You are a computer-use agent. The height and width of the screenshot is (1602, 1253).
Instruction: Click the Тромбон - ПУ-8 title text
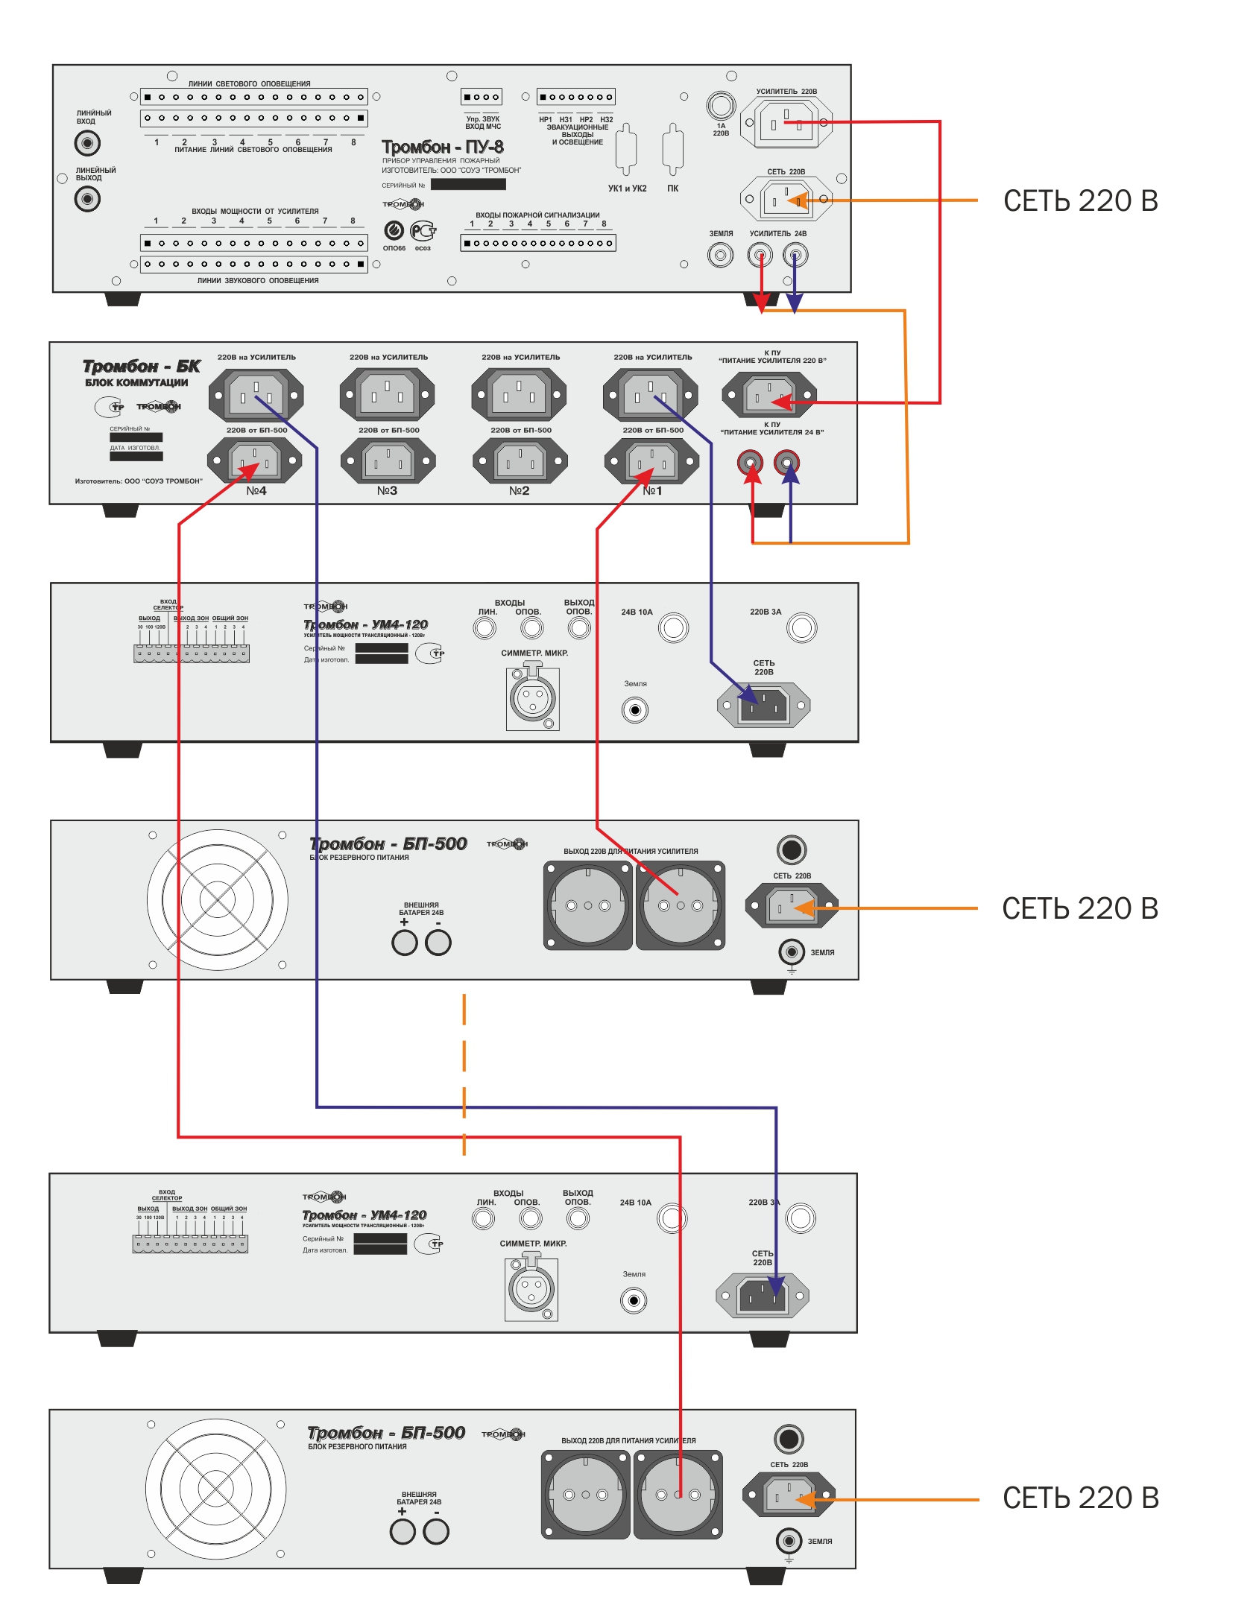point(443,147)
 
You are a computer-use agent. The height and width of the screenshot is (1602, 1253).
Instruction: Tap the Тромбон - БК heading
point(142,366)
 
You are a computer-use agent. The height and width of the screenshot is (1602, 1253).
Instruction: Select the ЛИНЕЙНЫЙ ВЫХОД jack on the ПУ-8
point(87,199)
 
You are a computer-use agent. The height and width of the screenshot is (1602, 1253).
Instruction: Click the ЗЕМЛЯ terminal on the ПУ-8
point(720,256)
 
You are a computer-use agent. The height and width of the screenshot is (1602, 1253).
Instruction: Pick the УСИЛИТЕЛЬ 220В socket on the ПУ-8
point(786,122)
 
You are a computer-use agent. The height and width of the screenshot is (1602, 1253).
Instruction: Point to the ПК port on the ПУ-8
point(672,150)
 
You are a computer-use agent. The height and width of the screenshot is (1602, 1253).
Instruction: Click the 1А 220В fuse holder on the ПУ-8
point(721,105)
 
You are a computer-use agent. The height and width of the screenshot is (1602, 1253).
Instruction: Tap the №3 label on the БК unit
point(387,490)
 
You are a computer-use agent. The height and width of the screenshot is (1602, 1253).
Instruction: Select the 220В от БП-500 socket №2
point(520,461)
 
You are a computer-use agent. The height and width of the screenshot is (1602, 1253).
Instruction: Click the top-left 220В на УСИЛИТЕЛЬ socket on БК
point(256,394)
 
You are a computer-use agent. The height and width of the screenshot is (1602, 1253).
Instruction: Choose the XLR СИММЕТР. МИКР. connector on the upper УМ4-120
point(532,698)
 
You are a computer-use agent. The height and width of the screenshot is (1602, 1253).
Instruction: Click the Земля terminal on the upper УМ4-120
point(635,710)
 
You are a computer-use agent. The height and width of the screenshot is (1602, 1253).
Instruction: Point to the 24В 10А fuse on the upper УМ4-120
point(673,627)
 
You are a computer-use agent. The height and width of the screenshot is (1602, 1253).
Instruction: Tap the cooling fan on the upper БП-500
point(218,900)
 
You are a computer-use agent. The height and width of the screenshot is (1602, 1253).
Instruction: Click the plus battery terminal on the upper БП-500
point(404,943)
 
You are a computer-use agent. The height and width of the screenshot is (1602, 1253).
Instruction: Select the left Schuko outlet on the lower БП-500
point(585,1495)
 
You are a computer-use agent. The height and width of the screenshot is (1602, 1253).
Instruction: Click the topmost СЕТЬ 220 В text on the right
point(1080,200)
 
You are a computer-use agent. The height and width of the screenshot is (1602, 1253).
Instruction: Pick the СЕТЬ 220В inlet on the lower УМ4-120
point(762,1296)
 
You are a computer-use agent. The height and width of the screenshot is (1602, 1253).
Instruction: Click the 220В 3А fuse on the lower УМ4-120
point(801,1218)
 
